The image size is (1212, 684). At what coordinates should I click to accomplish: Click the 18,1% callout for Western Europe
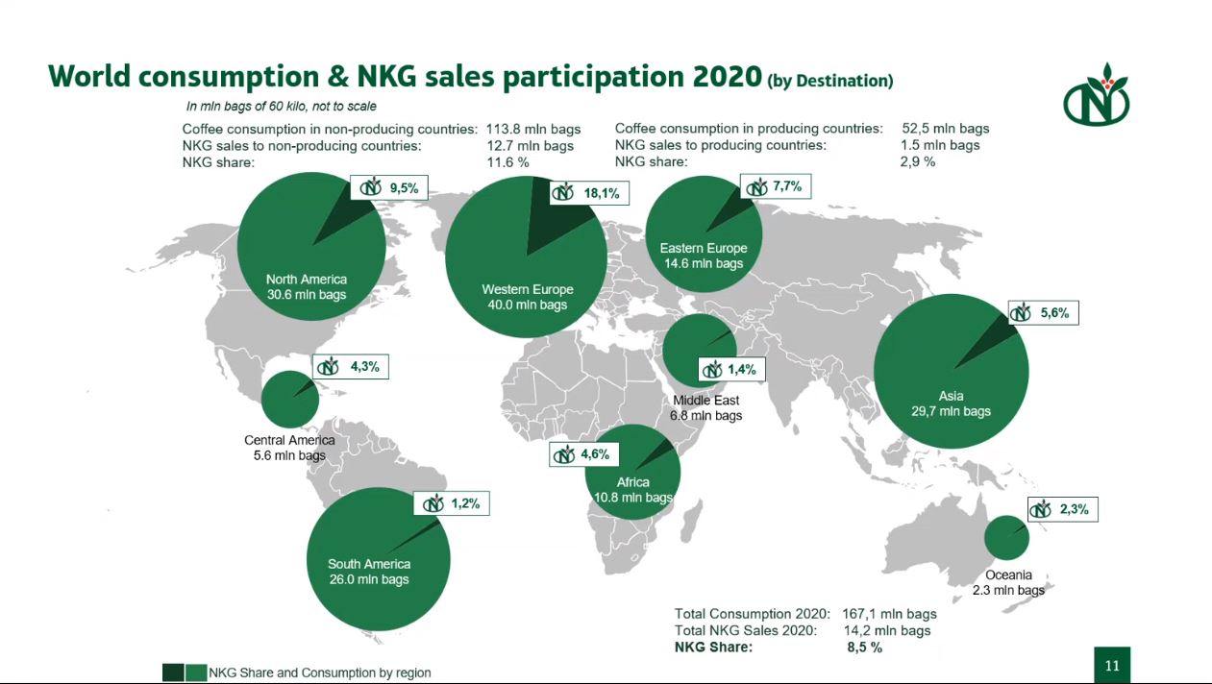(587, 192)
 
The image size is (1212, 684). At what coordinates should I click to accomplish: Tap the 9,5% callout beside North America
(388, 188)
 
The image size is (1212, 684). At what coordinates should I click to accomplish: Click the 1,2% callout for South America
(451, 503)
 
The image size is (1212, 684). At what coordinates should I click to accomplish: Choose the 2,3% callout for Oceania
(1062, 509)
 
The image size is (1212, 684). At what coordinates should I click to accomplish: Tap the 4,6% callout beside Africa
(583, 454)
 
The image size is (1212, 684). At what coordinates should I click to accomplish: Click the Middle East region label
(705, 401)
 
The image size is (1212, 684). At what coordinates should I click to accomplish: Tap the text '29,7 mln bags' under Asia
(951, 411)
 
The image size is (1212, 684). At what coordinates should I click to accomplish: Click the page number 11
(1112, 666)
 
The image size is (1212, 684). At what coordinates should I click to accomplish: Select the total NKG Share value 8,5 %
(864, 647)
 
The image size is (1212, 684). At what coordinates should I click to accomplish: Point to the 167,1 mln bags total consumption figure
(889, 614)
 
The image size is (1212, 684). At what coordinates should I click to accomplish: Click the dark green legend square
(173, 672)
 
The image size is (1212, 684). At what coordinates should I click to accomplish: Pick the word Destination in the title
(843, 82)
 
